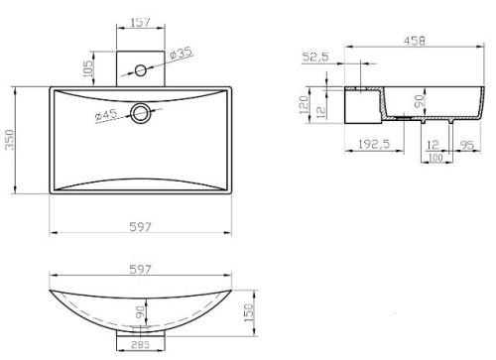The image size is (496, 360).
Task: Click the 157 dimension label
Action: click(141, 23)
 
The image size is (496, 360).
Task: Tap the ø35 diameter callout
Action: click(181, 53)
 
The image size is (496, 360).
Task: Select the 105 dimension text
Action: click(88, 68)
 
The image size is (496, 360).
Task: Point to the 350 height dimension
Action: click(10, 140)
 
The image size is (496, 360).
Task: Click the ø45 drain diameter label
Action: click(106, 115)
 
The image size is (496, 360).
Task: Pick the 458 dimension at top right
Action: click(415, 41)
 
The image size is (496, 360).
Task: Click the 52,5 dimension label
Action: click(315, 57)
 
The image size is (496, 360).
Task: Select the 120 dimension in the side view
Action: click(304, 105)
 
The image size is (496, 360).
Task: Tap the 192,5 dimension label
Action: click(374, 144)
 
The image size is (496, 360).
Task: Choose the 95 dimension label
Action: click(466, 145)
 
